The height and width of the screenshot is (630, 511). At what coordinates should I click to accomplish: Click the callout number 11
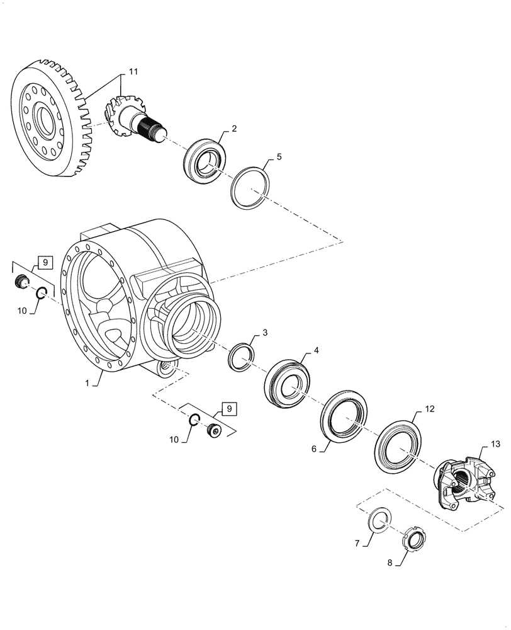(x=133, y=72)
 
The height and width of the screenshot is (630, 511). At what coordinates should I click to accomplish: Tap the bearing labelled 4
(x=288, y=384)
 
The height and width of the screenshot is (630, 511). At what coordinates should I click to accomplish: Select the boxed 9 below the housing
(x=228, y=408)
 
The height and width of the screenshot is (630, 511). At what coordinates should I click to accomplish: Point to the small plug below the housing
(x=214, y=431)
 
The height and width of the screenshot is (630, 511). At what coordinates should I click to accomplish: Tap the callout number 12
(x=430, y=408)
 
